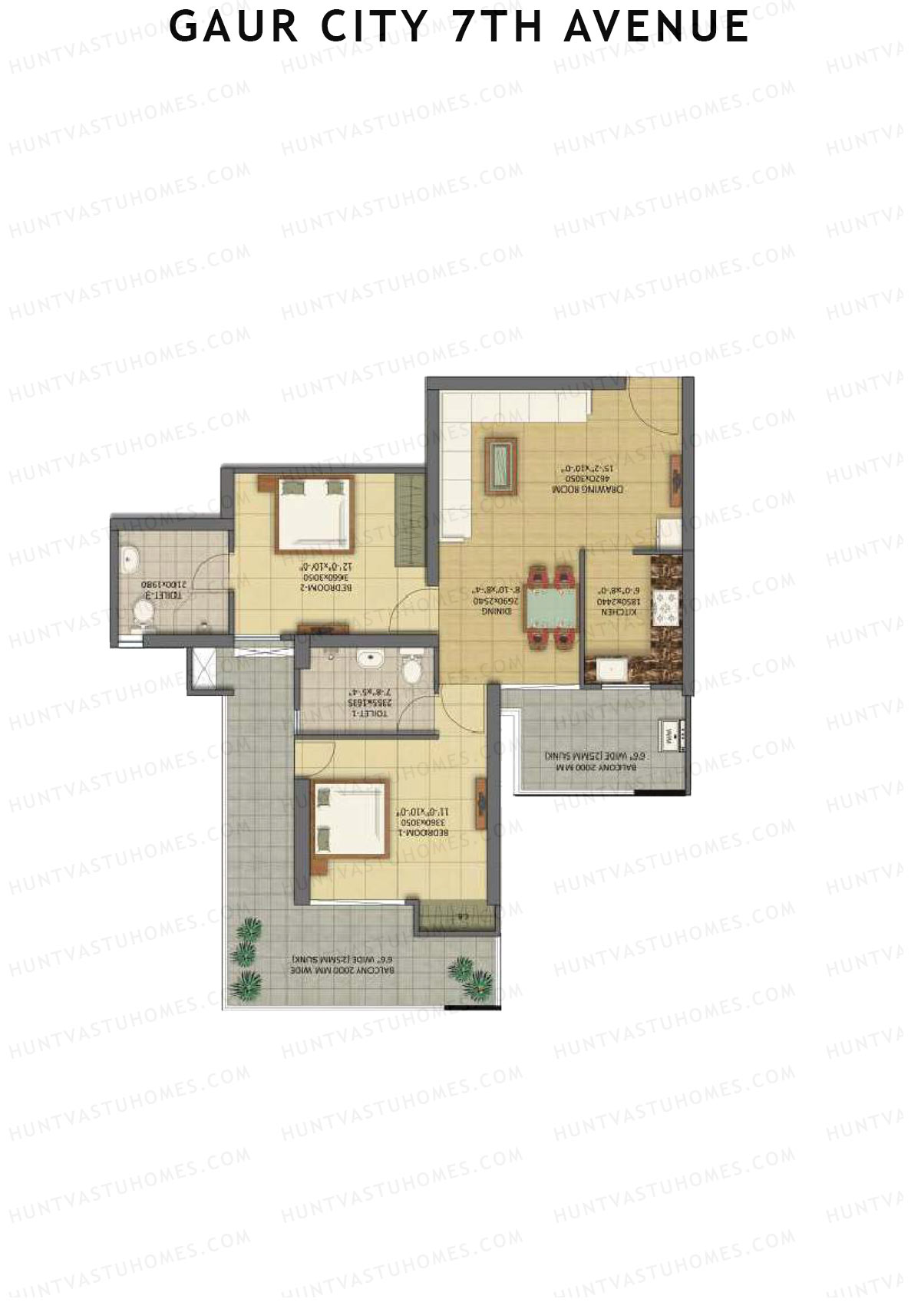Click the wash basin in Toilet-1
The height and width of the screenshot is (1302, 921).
pos(371,658)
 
